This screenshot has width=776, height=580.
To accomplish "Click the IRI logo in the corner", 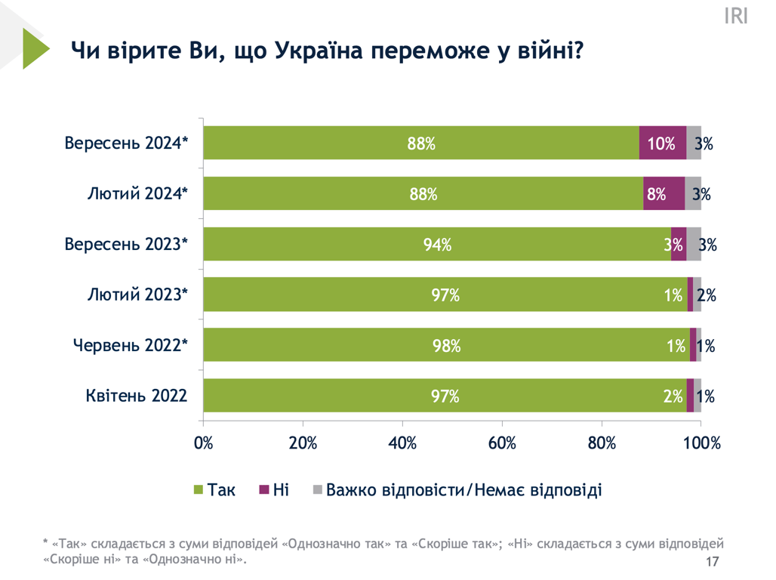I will pyautogui.click(x=735, y=17).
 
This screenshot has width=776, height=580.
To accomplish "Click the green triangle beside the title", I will pyautogui.click(x=33, y=49).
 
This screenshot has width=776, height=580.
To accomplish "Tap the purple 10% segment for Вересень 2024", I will pyautogui.click(x=662, y=143).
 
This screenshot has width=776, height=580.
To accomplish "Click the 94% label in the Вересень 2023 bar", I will pyautogui.click(x=437, y=244).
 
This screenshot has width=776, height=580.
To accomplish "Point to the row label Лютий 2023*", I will pyautogui.click(x=137, y=295).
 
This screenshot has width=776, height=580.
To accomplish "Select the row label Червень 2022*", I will pyautogui.click(x=130, y=345).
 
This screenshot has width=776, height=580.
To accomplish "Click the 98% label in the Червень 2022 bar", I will pyautogui.click(x=445, y=345).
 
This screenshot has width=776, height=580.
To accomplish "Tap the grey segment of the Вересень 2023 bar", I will pyautogui.click(x=694, y=244).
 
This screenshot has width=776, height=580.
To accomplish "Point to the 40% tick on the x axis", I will pyautogui.click(x=402, y=443).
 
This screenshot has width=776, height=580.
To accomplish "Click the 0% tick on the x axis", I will pyautogui.click(x=204, y=443).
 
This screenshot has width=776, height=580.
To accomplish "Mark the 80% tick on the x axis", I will pyautogui.click(x=602, y=443).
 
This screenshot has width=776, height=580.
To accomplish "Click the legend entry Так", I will pyautogui.click(x=215, y=490).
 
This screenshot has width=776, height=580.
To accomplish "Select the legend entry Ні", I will pyautogui.click(x=274, y=490).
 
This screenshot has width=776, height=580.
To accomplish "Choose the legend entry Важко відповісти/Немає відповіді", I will pyautogui.click(x=457, y=490).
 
